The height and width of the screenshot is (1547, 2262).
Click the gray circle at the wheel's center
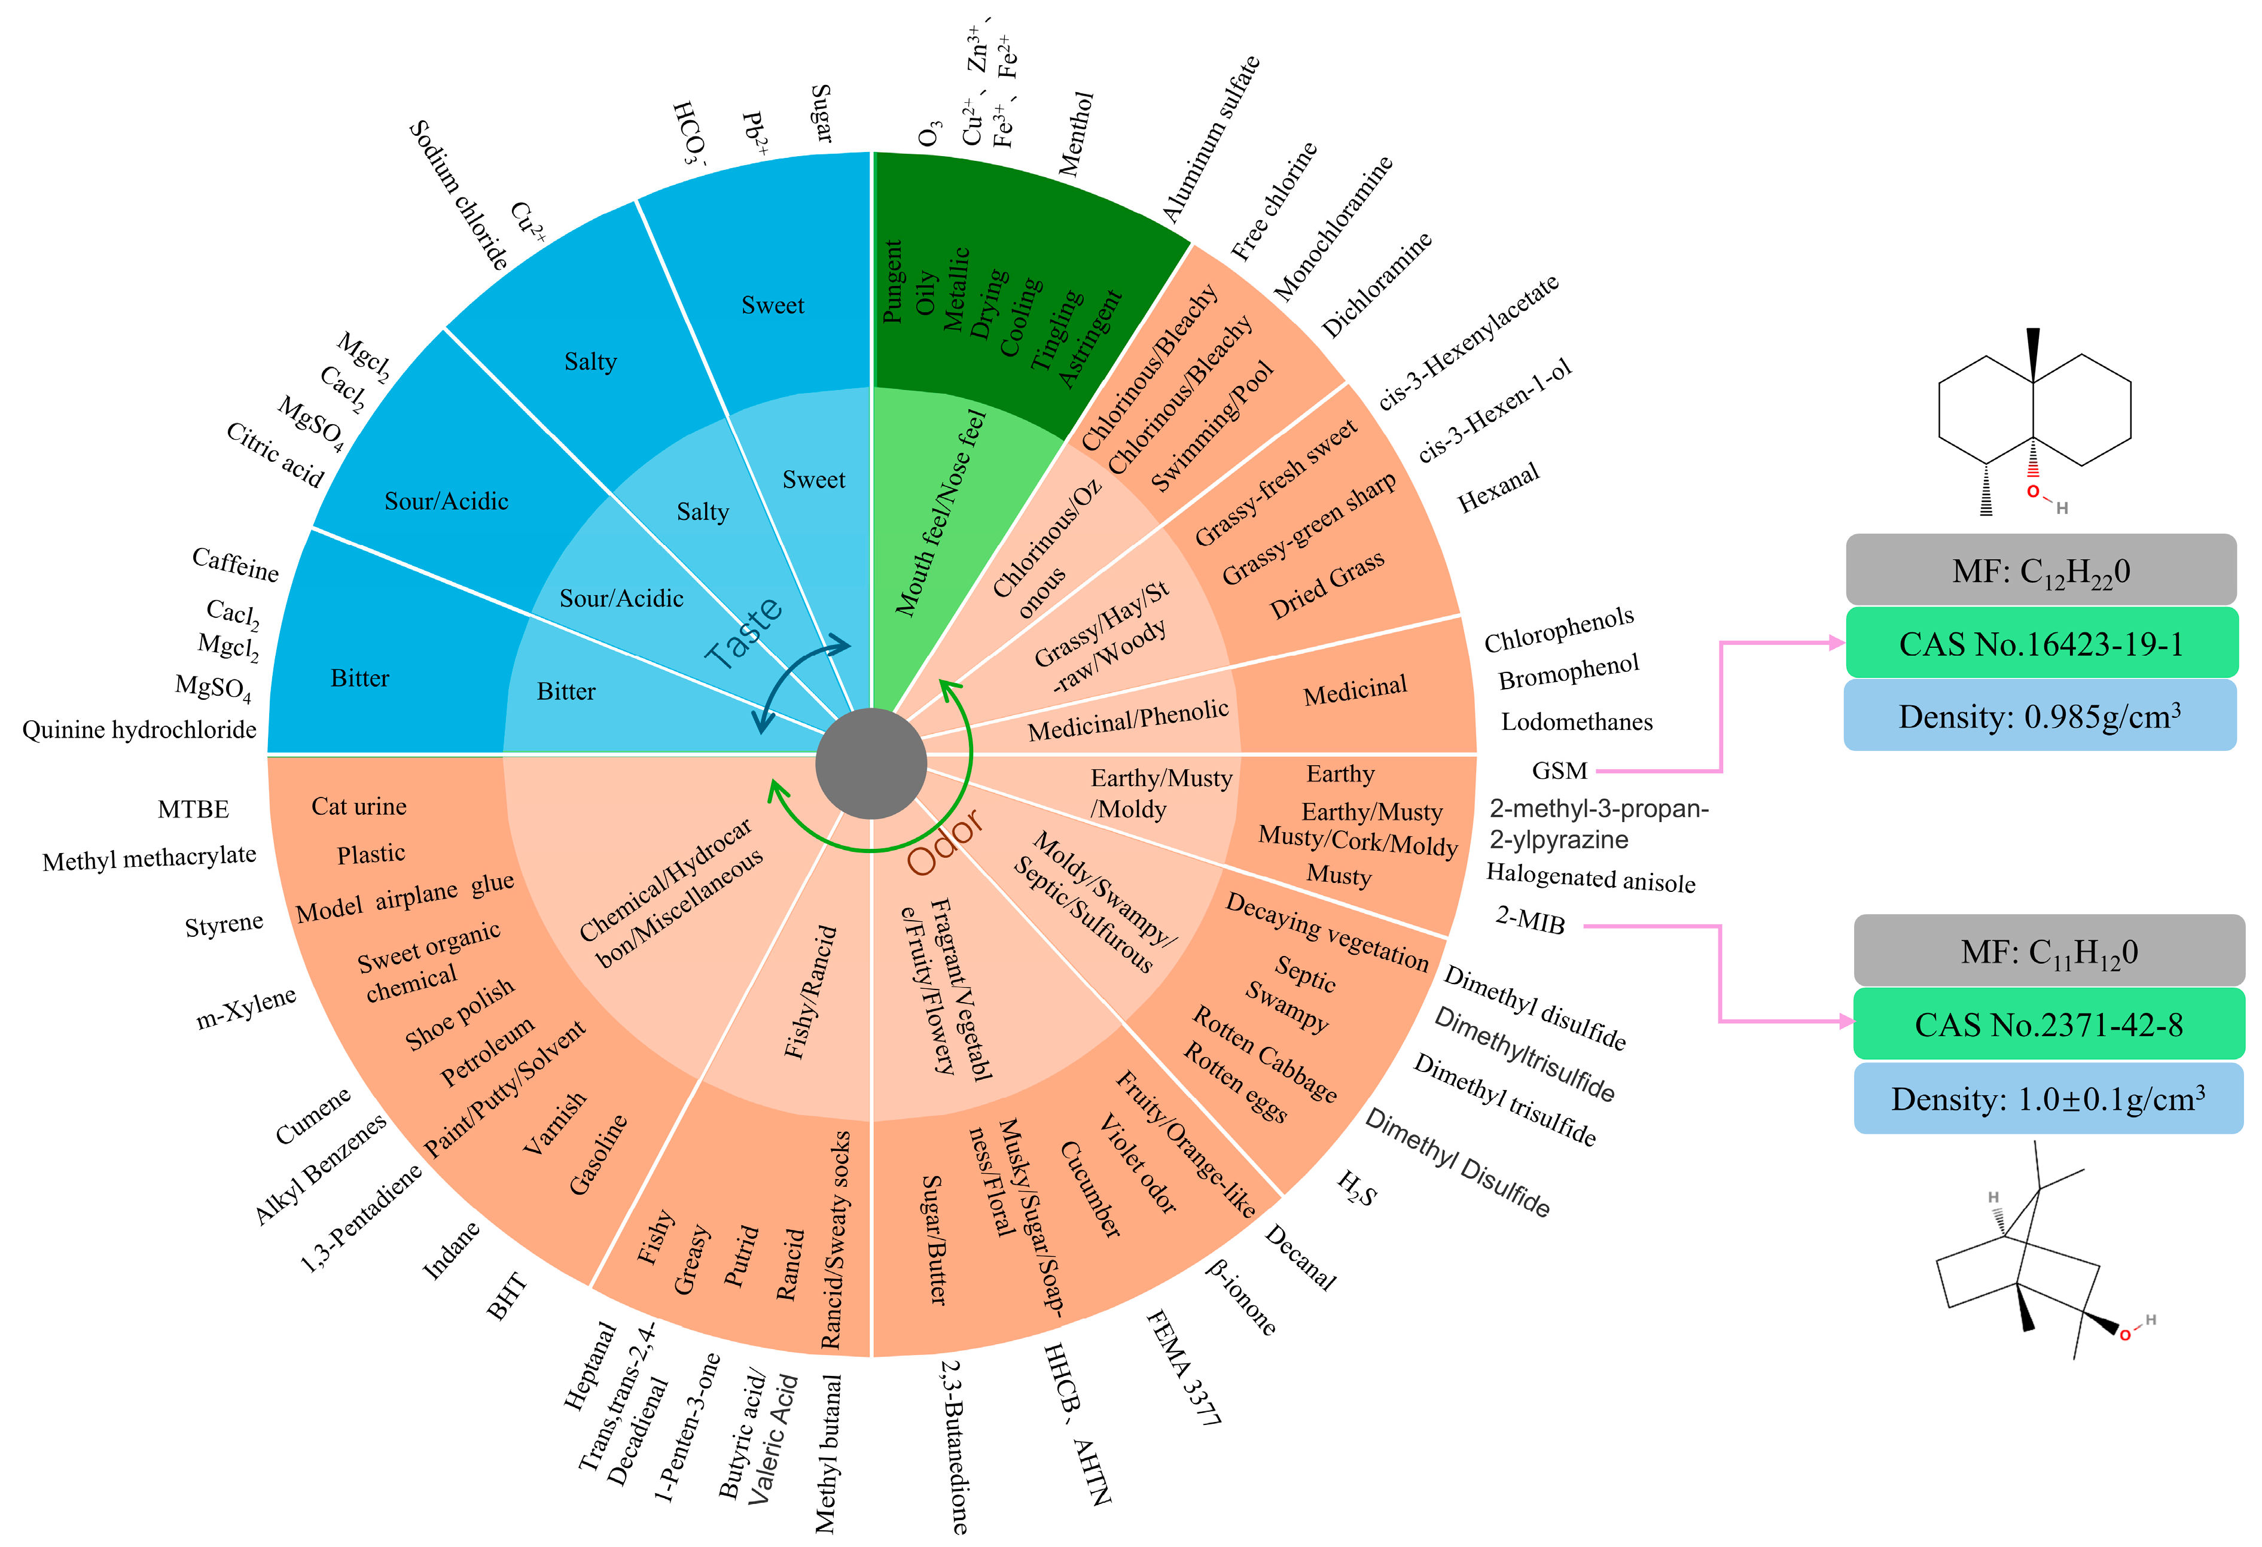click(870, 765)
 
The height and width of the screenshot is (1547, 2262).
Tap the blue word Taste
click(743, 634)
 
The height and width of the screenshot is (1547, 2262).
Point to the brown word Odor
click(945, 843)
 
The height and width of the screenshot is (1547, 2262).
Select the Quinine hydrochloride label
click(139, 730)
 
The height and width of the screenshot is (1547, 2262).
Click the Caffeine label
click(236, 564)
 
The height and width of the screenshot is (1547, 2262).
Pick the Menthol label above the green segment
click(1077, 135)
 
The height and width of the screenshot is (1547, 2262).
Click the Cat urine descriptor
click(359, 806)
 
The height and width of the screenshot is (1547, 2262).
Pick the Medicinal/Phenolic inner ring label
click(1128, 720)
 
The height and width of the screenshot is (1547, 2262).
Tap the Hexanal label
click(1498, 488)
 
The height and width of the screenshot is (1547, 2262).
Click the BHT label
click(507, 1296)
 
